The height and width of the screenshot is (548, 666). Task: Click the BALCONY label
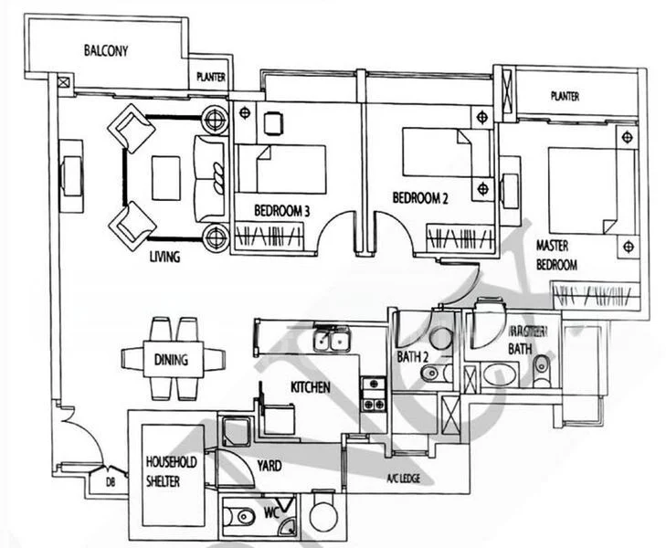tap(107, 50)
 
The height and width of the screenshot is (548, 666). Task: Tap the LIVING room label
tap(164, 257)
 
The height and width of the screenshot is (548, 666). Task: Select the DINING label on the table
tap(171, 360)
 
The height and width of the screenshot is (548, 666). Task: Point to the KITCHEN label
tap(310, 387)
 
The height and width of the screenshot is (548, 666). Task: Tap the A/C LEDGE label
tap(401, 478)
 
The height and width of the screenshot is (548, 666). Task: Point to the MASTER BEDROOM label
tap(556, 255)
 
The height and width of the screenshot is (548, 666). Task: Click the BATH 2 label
tap(414, 356)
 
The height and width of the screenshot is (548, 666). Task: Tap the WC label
tap(270, 513)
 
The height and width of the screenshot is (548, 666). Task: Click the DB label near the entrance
tap(110, 481)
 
